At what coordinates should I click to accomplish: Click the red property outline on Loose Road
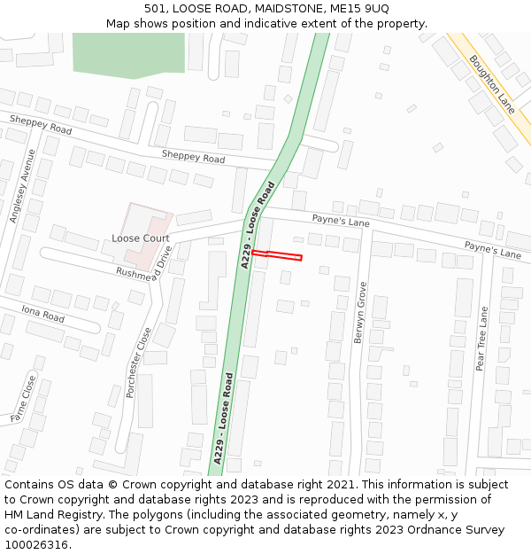pos(277,255)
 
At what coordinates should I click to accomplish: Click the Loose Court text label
pos(141,238)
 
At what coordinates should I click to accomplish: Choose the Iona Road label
pos(43,313)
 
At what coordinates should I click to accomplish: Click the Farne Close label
pos(22,398)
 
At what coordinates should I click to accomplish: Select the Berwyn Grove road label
pos(360,312)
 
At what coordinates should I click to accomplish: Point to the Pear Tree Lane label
pos(481,339)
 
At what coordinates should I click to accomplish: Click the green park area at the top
pos(128,53)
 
